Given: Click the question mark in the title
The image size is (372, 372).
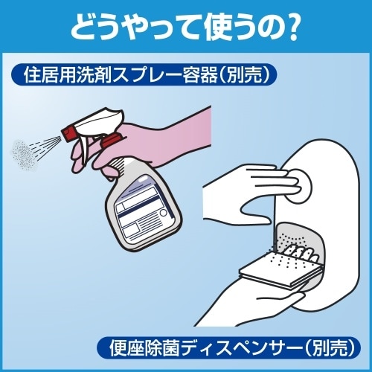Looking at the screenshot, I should tap(292, 27).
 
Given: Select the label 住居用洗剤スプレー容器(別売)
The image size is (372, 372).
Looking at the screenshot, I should tap(144, 74).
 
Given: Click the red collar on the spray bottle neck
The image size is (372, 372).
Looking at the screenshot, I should tap(111, 141).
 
